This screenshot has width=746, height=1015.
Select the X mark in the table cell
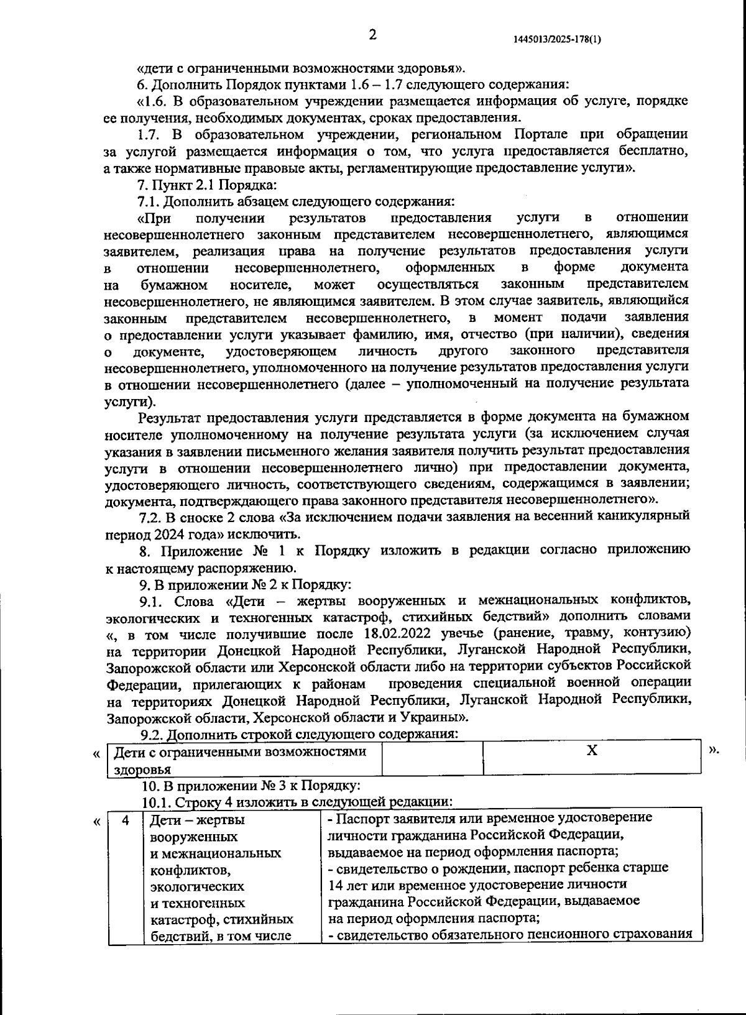(x=592, y=751)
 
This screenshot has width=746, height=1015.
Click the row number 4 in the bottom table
(x=125, y=820)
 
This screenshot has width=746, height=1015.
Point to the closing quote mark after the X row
(x=714, y=751)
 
